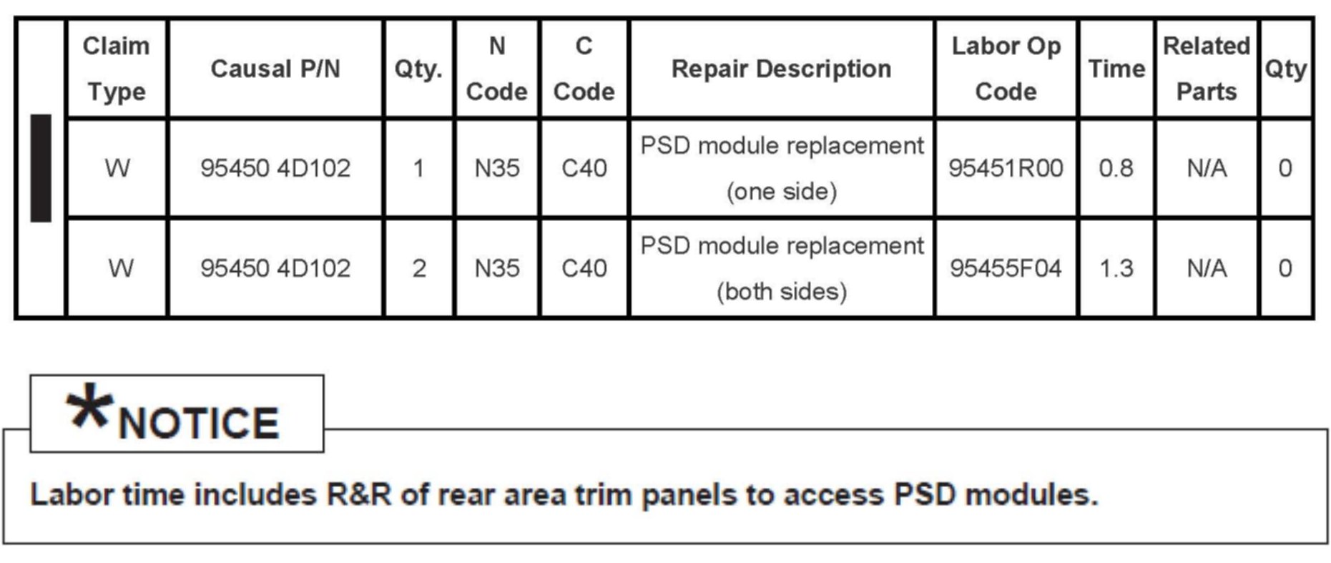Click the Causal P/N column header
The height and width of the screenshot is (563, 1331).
(x=275, y=69)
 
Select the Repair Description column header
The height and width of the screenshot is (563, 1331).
(x=781, y=69)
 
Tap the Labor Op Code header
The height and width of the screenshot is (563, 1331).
(x=1006, y=69)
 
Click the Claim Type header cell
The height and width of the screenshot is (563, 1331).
(x=116, y=69)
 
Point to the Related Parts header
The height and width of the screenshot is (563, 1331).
(x=1206, y=69)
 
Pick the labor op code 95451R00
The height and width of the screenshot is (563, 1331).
(x=1006, y=168)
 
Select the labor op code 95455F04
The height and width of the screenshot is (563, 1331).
(x=1006, y=268)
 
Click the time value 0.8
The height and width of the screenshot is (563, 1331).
(x=1116, y=168)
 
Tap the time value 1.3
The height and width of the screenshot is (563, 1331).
(x=1116, y=268)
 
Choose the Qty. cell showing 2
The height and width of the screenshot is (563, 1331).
(x=419, y=268)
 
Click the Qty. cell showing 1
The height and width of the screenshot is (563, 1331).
(x=418, y=168)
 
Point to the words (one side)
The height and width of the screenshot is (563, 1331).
(x=781, y=192)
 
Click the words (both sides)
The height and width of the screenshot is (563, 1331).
(x=781, y=292)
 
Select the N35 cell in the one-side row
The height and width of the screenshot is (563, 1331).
(x=496, y=168)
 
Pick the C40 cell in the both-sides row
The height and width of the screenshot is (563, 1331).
(x=584, y=268)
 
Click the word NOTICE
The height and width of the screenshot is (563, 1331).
(x=198, y=423)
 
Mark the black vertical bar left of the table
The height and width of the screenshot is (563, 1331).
(x=41, y=168)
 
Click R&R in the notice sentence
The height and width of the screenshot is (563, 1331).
(x=358, y=494)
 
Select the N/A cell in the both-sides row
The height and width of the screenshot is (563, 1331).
(x=1206, y=268)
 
